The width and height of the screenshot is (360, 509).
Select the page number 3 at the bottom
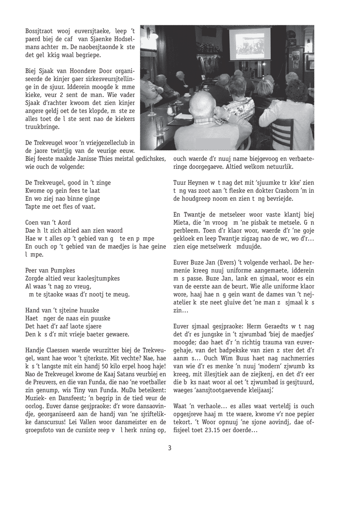point(170,447)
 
